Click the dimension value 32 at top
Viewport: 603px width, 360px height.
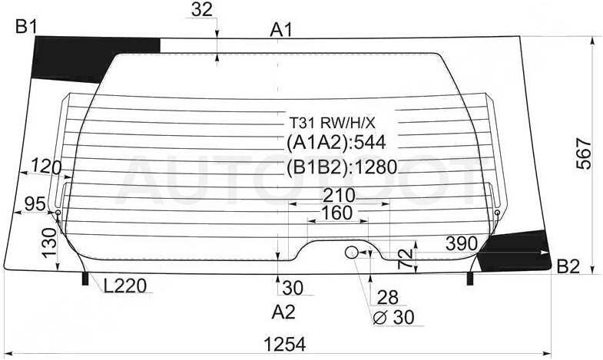[x=201, y=9]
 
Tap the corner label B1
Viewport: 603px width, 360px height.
[x=26, y=28]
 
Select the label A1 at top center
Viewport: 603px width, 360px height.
[x=281, y=30]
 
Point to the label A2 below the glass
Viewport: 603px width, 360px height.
[x=283, y=312]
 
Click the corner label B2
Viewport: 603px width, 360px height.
[x=568, y=266]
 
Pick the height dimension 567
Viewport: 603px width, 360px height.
[x=584, y=154]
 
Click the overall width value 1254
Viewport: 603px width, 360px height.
[x=285, y=344]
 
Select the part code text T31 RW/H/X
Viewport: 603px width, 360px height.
[x=332, y=123]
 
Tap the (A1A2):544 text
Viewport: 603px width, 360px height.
[x=336, y=143]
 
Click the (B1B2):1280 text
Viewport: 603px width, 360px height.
[x=342, y=167]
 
